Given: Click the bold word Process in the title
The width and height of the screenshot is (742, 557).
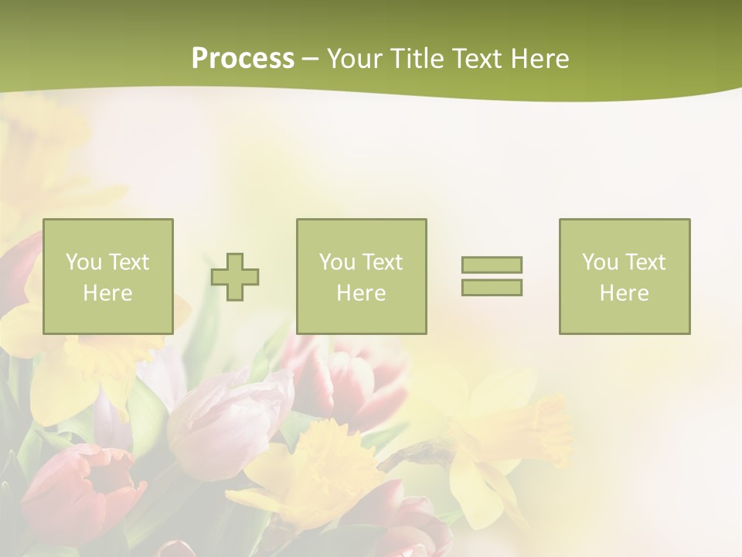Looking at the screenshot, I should pyautogui.click(x=243, y=59).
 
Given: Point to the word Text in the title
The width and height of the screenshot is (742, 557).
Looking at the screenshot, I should pyautogui.click(x=478, y=59).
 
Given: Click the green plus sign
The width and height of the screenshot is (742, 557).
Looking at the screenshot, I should pyautogui.click(x=235, y=277).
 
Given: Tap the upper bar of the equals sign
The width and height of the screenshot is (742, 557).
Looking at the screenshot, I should pyautogui.click(x=492, y=265).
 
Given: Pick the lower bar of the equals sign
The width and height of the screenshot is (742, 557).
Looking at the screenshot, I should pyautogui.click(x=492, y=287).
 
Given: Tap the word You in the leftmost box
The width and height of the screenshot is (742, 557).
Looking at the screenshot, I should pyautogui.click(x=83, y=262).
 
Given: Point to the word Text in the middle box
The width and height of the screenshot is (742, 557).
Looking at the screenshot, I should pyautogui.click(x=383, y=262).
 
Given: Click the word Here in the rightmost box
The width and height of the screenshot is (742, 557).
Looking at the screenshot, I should pyautogui.click(x=625, y=293).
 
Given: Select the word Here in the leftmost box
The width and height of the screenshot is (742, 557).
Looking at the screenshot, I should pyautogui.click(x=108, y=293).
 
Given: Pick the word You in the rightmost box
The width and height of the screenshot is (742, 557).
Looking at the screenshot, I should pyautogui.click(x=600, y=262).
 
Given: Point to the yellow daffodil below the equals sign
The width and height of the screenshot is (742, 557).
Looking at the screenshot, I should pyautogui.click(x=502, y=441).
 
